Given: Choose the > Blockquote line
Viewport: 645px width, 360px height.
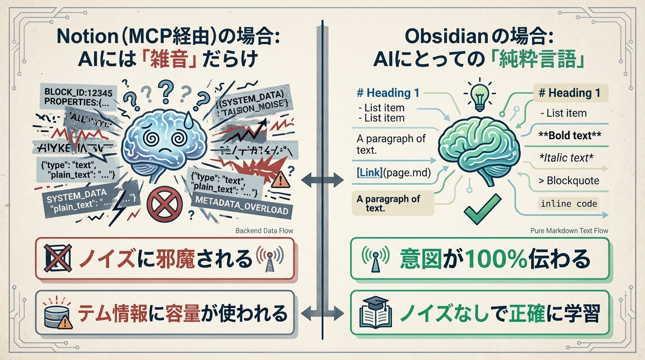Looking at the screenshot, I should [x=566, y=180].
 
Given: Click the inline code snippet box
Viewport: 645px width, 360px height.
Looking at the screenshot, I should [x=569, y=203].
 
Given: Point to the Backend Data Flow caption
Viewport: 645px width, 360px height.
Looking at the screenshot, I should [x=264, y=231].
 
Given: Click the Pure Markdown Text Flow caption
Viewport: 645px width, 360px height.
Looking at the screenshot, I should [x=569, y=231].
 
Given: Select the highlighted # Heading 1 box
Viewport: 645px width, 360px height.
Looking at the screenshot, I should [x=570, y=93].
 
